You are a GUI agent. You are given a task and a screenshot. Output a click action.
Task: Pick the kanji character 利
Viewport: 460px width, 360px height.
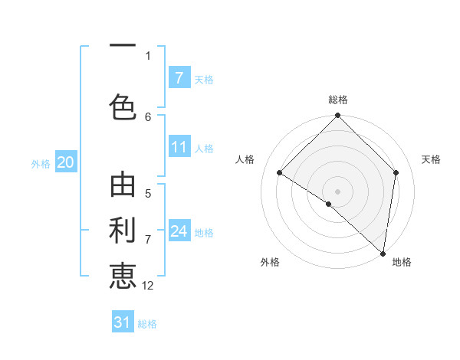pyautogui.click(x=123, y=230)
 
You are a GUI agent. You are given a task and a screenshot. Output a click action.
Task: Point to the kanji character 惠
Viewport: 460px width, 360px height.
pyautogui.click(x=123, y=274)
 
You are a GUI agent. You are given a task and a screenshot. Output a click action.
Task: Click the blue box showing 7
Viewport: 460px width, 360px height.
pyautogui.click(x=179, y=77)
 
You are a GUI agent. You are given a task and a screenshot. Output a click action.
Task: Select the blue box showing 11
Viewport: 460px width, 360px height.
pyautogui.click(x=179, y=147)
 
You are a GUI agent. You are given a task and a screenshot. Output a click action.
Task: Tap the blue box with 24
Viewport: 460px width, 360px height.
pyautogui.click(x=179, y=231)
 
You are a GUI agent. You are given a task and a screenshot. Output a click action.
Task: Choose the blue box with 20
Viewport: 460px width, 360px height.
pyautogui.click(x=66, y=162)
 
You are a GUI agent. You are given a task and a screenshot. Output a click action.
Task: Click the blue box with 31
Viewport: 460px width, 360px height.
pyautogui.click(x=123, y=322)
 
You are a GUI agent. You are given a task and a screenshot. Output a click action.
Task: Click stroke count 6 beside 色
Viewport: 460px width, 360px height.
pyautogui.click(x=148, y=116)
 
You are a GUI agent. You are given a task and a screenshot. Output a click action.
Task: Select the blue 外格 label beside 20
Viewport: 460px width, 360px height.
pyautogui.click(x=41, y=163)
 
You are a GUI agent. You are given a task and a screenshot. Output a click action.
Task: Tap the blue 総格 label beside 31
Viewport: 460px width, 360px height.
pyautogui.click(x=147, y=324)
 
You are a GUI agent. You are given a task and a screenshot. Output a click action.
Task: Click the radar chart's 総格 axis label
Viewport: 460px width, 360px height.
pyautogui.click(x=338, y=100)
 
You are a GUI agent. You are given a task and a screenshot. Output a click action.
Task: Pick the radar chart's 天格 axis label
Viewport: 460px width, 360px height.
pyautogui.click(x=431, y=159)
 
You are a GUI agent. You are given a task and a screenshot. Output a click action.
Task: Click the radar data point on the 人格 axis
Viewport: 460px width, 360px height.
pyautogui.click(x=280, y=172)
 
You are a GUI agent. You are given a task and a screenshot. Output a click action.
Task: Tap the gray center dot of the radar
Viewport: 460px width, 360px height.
pyautogui.click(x=338, y=191)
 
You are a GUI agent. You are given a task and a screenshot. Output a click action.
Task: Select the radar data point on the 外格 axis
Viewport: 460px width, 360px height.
pyautogui.click(x=329, y=204)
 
